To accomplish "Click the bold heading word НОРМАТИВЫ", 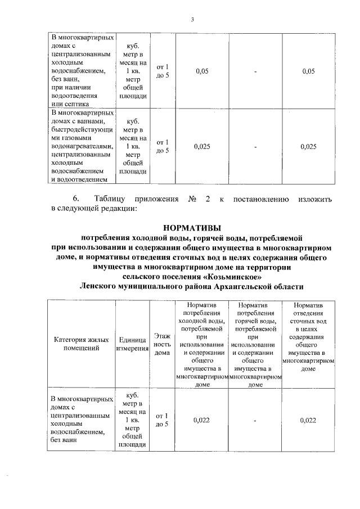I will point(191,228).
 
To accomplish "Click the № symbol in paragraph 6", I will point(191,199).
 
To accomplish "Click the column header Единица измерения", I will point(133,344).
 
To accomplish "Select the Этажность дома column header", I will point(162,344).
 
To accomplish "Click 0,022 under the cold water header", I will point(201,420).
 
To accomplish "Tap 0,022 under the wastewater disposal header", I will point(308,420).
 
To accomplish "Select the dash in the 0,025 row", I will point(255,147).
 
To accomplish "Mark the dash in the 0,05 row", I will point(255,71).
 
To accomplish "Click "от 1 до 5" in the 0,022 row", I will point(162,420).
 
